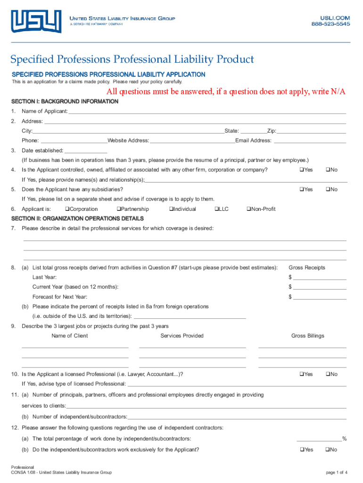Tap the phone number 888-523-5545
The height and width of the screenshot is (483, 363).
[330, 24]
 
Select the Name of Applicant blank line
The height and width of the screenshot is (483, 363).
[207, 112]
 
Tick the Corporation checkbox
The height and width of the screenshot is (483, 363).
[67, 209]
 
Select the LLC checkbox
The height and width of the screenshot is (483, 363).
[216, 209]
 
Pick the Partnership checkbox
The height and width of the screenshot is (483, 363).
[118, 209]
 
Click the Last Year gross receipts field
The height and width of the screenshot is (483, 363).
[320, 277]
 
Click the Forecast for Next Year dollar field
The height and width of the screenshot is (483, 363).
[320, 297]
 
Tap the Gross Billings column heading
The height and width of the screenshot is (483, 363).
[307, 336]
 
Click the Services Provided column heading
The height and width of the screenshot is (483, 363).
[182, 336]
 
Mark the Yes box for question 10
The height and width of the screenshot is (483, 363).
[301, 374]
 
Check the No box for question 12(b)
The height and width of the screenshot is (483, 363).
[327, 450]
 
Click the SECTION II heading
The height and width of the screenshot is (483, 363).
[77, 219]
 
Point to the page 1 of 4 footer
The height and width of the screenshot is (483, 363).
[337, 472]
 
